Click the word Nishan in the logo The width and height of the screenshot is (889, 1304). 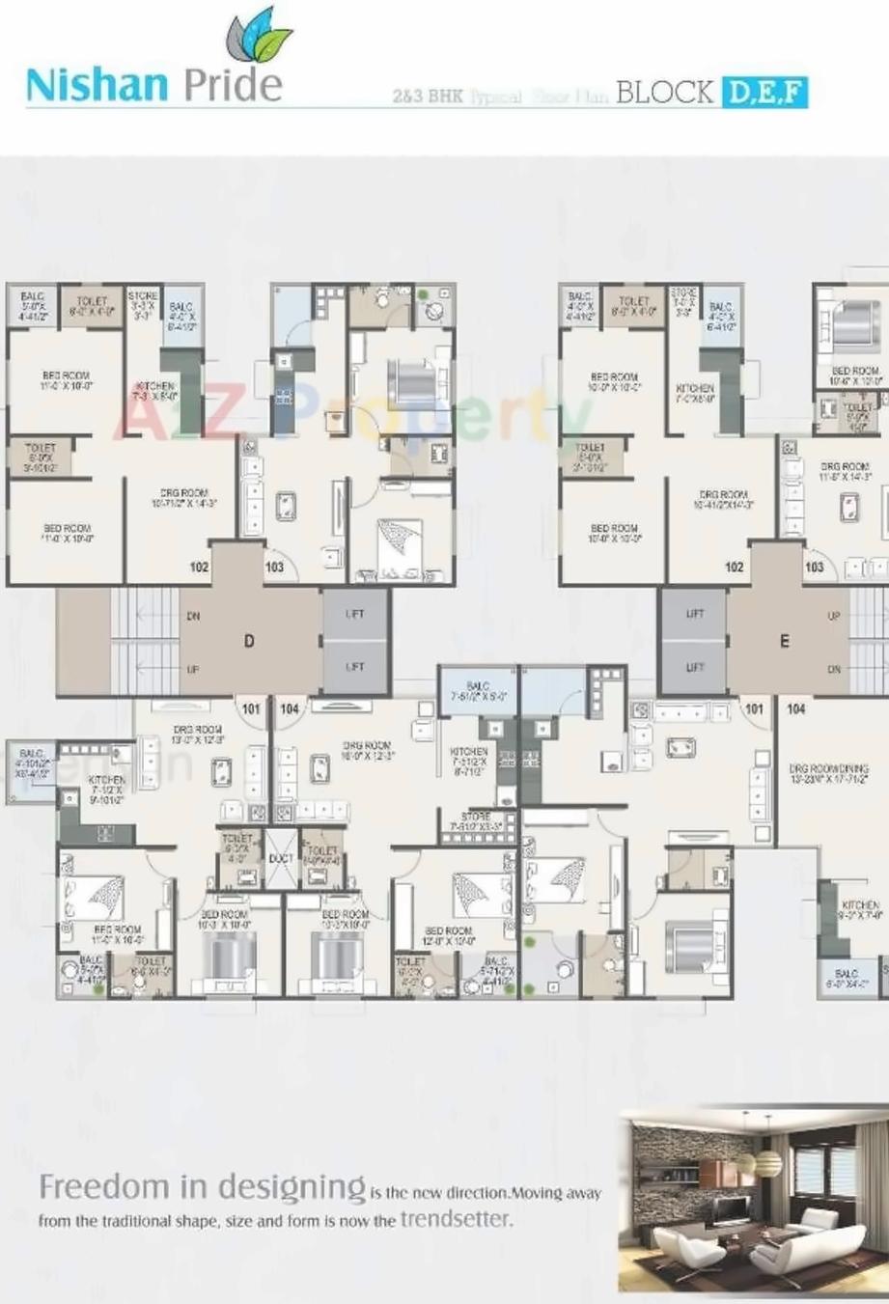97,85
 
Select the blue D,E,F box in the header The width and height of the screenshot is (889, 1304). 763,93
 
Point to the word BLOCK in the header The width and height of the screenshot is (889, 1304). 663,93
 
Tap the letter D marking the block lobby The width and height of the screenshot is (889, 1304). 249,641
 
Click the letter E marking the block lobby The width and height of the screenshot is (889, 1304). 784,641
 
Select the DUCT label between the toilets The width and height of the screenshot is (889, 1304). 281,858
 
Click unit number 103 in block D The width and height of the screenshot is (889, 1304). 274,568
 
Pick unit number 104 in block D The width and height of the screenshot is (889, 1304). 289,709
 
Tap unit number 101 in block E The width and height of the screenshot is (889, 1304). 754,709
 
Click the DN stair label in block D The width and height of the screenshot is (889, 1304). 192,617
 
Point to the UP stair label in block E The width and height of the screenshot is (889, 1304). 834,616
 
